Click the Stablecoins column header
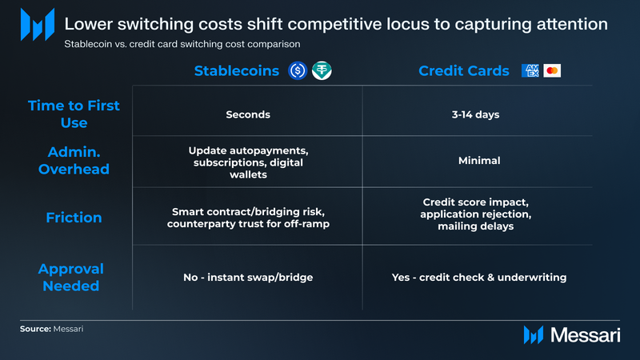(236, 71)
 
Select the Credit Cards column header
(464, 71)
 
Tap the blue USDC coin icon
(298, 70)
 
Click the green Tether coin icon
(322, 70)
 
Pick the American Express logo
(530, 70)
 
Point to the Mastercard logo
(552, 70)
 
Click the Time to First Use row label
(74, 114)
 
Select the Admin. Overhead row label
(74, 161)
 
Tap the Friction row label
(74, 218)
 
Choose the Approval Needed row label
(71, 277)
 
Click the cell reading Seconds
(248, 114)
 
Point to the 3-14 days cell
(475, 114)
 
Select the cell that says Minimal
(479, 161)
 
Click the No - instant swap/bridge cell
(248, 278)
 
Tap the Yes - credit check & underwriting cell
(479, 278)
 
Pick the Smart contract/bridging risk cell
(248, 218)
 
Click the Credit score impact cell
(476, 214)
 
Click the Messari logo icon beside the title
(38, 25)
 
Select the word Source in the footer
(35, 329)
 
